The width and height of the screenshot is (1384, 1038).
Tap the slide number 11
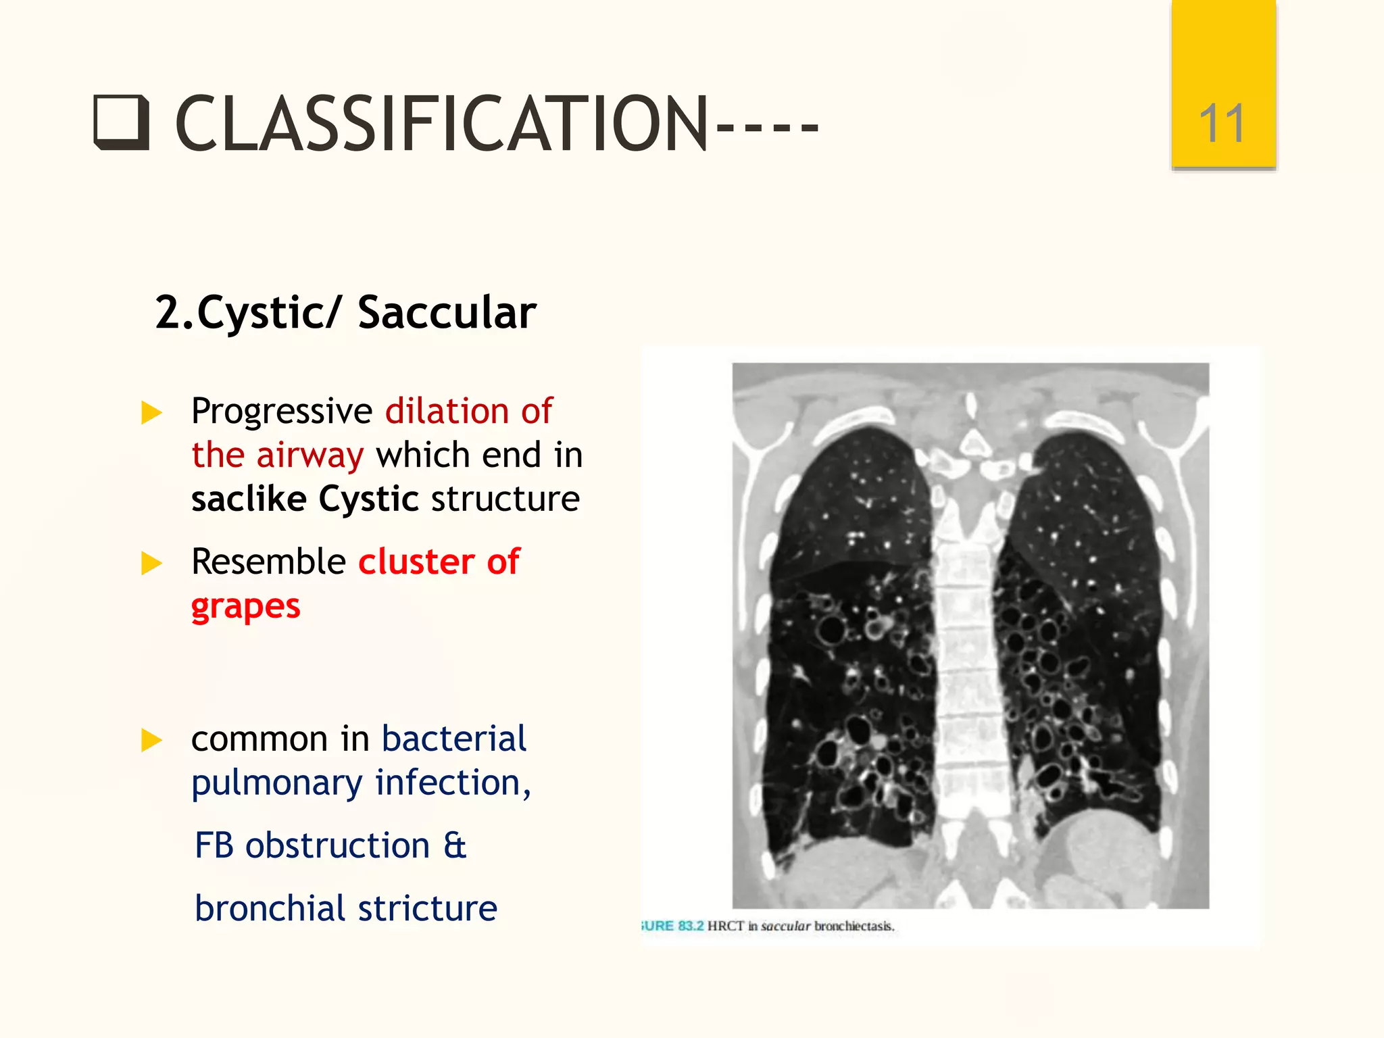point(1222,124)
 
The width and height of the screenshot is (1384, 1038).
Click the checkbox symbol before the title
point(122,123)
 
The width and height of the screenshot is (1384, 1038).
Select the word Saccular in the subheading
point(447,313)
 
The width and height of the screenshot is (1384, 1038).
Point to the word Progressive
point(282,411)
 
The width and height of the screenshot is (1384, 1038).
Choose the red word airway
point(310,455)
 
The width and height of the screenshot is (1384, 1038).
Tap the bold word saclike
point(249,499)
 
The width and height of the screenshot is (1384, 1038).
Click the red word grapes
point(245,606)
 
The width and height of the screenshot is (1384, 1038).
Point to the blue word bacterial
point(453,738)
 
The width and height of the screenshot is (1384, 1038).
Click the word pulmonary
point(277,783)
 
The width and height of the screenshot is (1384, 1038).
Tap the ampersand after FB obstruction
point(455,845)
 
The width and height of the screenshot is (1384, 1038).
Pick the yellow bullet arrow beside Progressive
point(151,412)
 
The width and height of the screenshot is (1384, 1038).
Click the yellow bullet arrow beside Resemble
point(151,563)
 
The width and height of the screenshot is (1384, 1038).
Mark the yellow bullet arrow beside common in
point(151,740)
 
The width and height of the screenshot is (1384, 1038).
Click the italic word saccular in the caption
point(785,926)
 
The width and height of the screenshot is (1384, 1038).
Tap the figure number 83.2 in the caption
point(691,926)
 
